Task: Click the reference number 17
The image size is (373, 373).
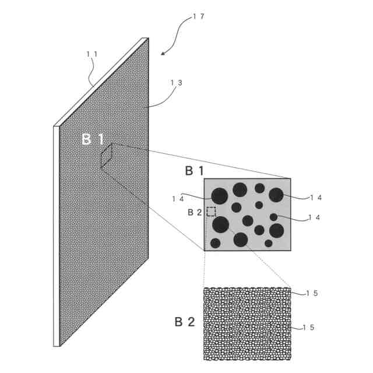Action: (198, 17)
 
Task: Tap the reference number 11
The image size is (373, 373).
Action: (92, 54)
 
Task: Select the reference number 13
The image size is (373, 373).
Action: (176, 83)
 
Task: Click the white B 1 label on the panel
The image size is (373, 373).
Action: (93, 139)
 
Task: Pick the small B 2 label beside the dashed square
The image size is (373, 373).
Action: (194, 212)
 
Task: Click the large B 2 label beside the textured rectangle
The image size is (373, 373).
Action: (185, 321)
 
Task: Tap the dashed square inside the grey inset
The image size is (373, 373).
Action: (211, 211)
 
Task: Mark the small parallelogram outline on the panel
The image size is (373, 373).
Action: (106, 156)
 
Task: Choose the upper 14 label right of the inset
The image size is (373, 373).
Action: (315, 198)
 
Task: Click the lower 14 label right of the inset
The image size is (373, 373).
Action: (314, 217)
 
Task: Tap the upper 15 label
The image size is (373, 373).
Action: (312, 293)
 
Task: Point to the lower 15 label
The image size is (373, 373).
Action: (309, 328)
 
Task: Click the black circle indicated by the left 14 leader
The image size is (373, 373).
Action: (220, 196)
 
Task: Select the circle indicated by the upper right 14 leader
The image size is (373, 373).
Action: (276, 195)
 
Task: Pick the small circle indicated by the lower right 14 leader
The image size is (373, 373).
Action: (273, 217)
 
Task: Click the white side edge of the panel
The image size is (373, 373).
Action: (57, 233)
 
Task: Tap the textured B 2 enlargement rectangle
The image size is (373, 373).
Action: (247, 323)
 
